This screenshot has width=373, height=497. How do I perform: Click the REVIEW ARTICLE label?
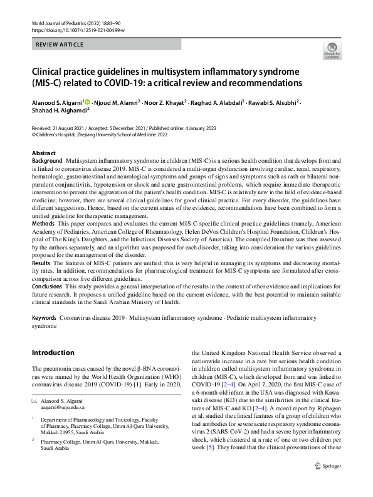(x=60, y=45)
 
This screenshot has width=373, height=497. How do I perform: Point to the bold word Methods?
(x=43, y=223)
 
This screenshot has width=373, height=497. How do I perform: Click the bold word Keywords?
(x=45, y=319)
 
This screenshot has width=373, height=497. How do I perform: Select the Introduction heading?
(x=53, y=352)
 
